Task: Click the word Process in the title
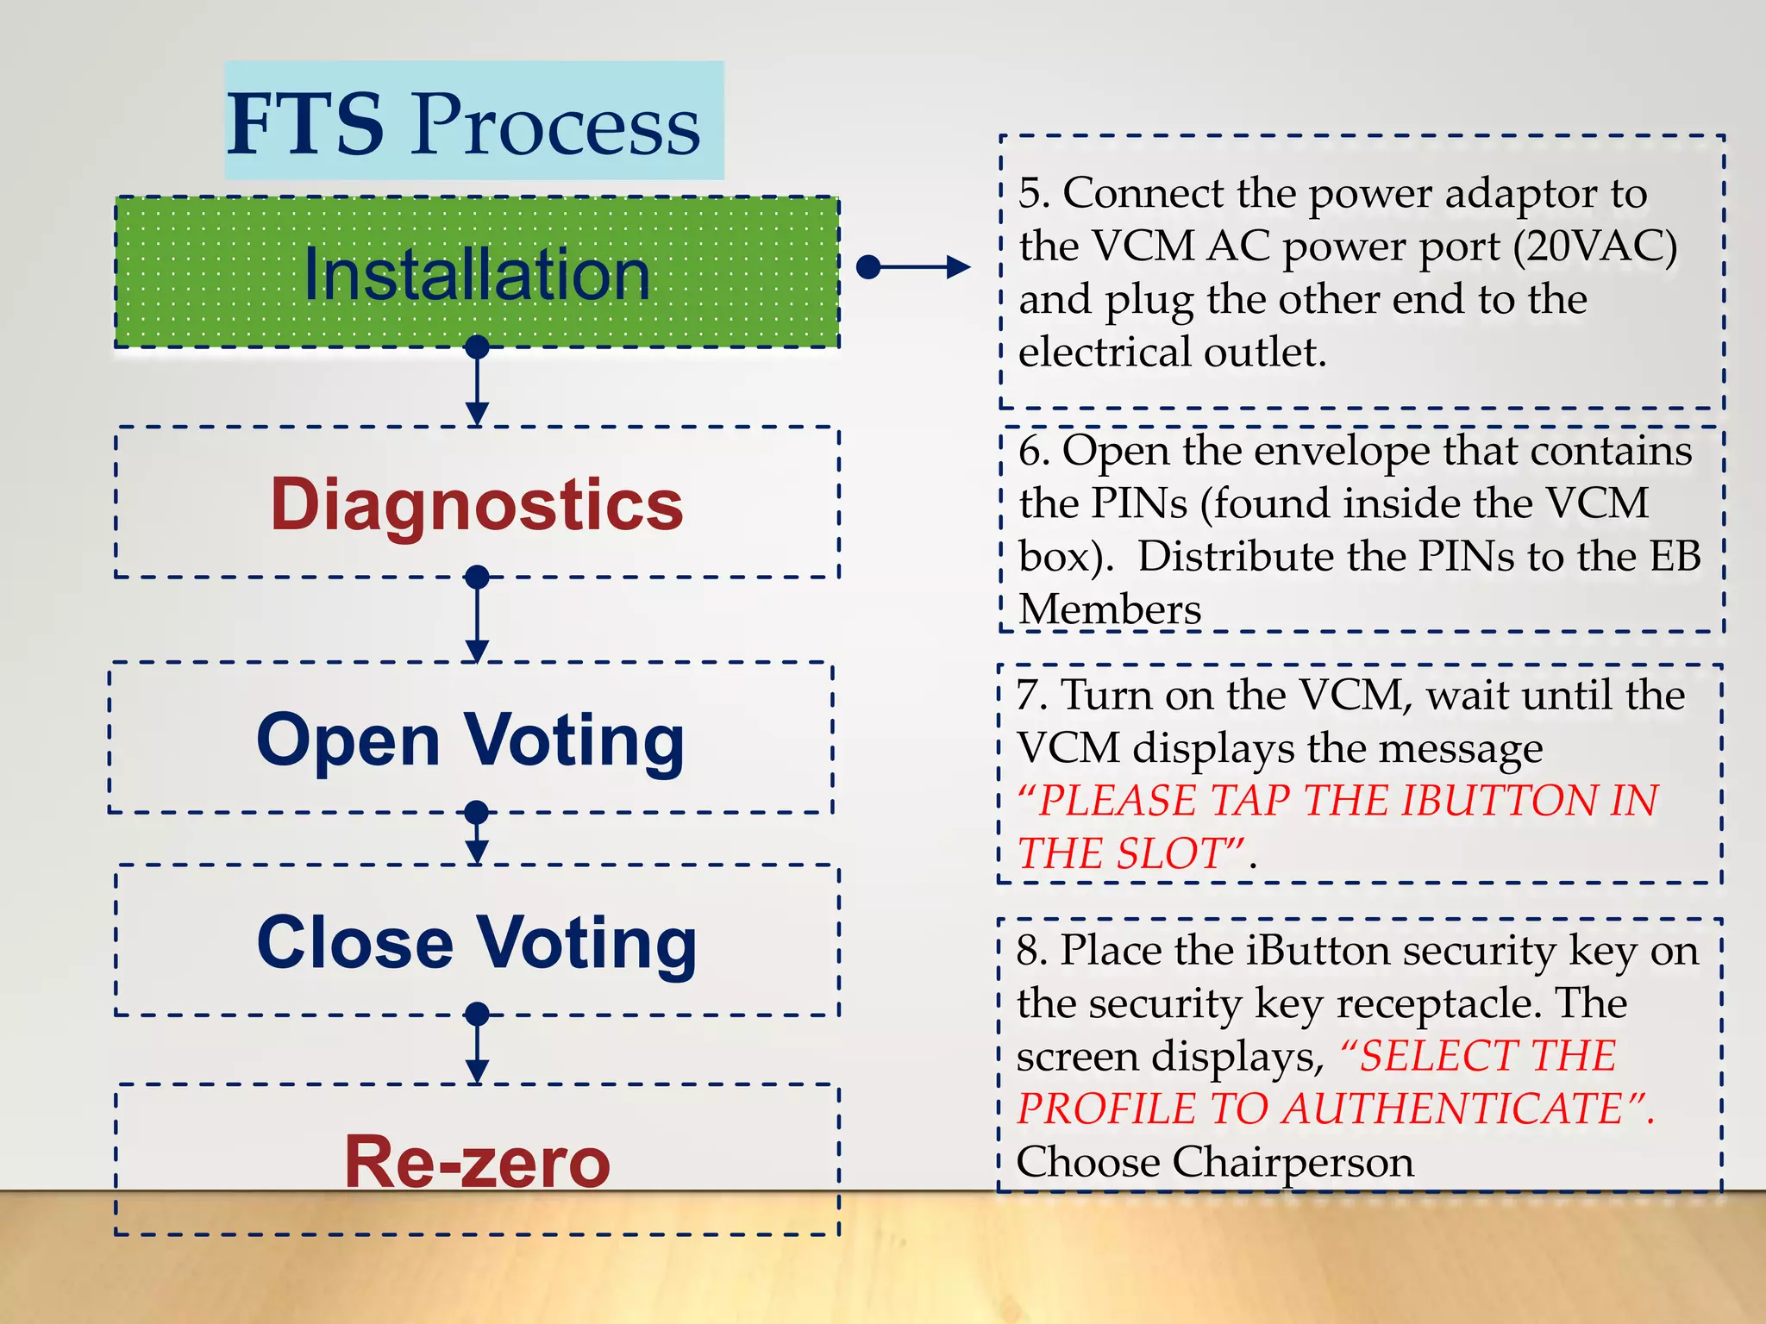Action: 555,126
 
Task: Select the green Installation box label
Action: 477,274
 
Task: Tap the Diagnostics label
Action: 477,504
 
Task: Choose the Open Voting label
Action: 471,740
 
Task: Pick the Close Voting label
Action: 477,942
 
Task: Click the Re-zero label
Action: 477,1162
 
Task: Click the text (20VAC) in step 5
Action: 1594,247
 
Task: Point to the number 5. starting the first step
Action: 1034,193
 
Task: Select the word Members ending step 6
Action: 1109,609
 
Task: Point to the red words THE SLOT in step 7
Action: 1130,853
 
